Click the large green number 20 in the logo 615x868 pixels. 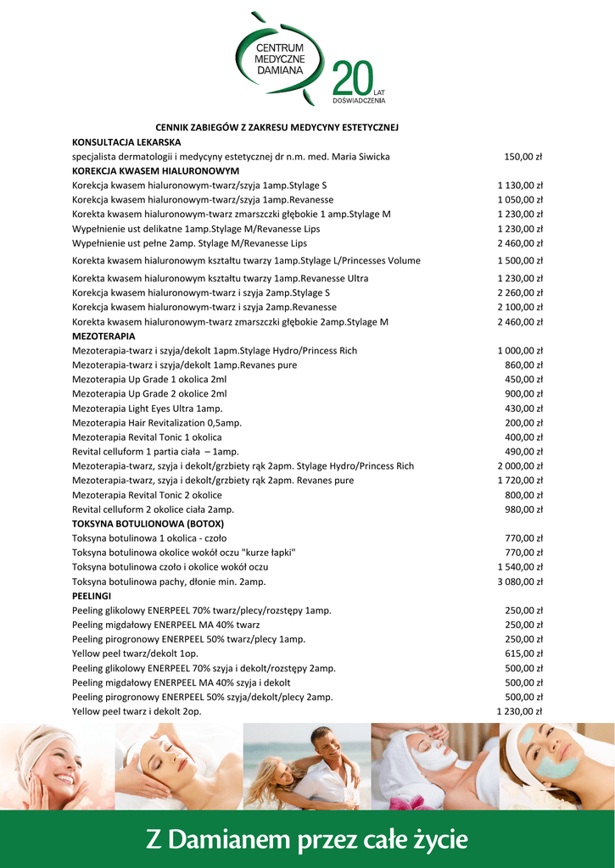(352, 81)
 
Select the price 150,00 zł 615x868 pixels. (523, 157)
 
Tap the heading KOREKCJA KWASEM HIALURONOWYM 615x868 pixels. (143, 170)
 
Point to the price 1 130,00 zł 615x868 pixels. (519, 185)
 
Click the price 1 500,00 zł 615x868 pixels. (519, 260)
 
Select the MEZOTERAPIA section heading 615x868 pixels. (103, 336)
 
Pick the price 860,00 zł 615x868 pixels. (523, 364)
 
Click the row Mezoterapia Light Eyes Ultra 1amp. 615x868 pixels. (147, 408)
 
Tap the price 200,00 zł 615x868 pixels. (523, 422)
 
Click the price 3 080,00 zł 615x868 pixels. (519, 581)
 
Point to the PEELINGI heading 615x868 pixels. (92, 596)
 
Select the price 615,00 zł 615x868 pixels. (523, 654)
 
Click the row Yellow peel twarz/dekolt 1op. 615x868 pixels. (135, 654)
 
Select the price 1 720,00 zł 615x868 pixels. (519, 480)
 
